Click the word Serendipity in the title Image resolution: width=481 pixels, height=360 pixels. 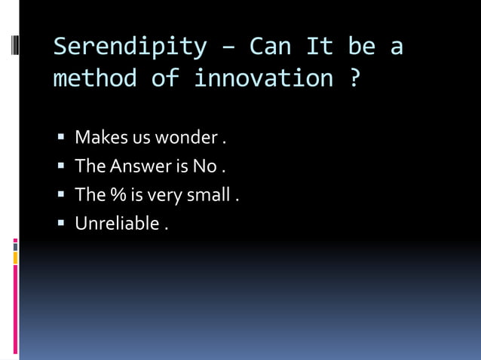tap(130, 47)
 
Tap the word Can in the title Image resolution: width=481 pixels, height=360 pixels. tap(272, 47)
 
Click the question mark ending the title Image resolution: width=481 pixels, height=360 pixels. tap(354, 78)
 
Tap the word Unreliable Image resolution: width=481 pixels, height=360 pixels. tap(117, 224)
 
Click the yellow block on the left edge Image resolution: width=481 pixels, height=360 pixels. tap(15, 258)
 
